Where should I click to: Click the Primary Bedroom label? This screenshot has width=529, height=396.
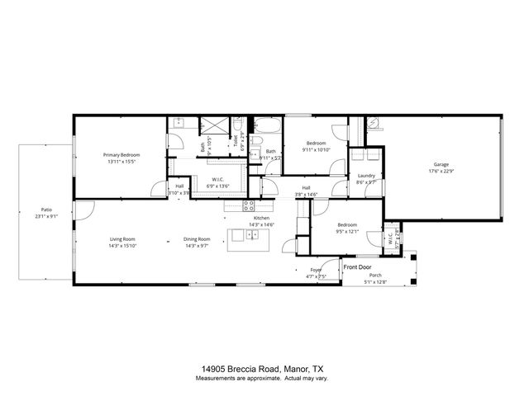[122, 155]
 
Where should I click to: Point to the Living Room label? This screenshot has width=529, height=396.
[122, 239]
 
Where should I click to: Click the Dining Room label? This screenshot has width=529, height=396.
[197, 239]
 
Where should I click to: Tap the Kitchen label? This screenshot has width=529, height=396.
[250, 218]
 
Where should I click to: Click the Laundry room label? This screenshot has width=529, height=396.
[367, 176]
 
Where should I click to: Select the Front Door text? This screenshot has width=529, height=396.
[358, 267]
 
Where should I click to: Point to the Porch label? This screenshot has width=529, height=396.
[377, 277]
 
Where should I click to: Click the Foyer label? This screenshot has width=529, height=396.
[316, 270]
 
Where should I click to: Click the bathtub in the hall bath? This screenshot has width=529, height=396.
[267, 127]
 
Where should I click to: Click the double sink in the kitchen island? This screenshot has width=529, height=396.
[252, 234]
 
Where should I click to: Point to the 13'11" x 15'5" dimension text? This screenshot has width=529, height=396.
[122, 162]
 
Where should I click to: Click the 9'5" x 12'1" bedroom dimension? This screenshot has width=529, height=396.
[347, 232]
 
